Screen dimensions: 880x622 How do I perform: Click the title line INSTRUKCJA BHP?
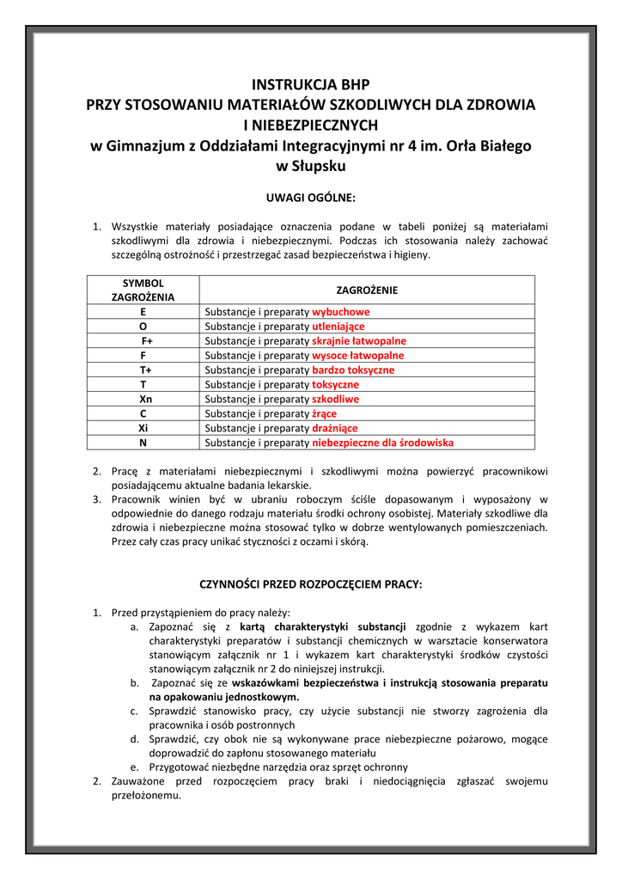(x=310, y=84)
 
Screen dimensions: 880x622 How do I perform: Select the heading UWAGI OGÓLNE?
(x=310, y=197)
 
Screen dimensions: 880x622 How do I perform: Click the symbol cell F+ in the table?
(x=143, y=341)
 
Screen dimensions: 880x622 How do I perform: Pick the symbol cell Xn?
(x=143, y=400)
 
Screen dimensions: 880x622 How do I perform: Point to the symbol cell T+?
(x=143, y=370)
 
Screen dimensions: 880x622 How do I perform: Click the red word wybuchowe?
(x=340, y=312)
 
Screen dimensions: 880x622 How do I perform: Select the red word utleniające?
(x=338, y=327)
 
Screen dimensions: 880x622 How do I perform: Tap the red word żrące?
(x=324, y=414)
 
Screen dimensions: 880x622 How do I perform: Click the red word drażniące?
(x=334, y=429)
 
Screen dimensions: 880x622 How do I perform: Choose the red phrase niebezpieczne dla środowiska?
(x=382, y=443)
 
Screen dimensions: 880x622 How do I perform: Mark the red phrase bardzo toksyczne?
(x=353, y=370)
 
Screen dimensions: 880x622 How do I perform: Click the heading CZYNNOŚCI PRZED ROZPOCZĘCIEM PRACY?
(x=310, y=584)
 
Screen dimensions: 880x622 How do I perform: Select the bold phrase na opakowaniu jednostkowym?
(x=224, y=697)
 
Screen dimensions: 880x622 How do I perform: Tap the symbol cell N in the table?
(x=143, y=443)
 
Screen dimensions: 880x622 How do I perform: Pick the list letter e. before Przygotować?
(x=135, y=767)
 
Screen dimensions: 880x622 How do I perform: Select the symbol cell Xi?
(x=143, y=429)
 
